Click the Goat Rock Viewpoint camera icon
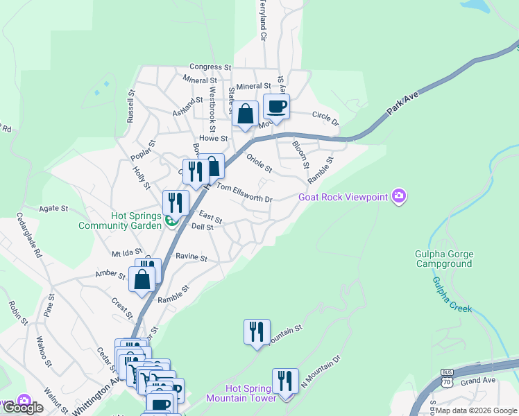click(399, 197)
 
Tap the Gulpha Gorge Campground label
click(444, 259)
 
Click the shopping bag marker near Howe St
click(246, 114)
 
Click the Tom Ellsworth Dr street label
click(245, 193)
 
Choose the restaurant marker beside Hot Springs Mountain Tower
click(284, 381)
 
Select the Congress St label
click(210, 67)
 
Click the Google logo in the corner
click(23, 408)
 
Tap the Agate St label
click(53, 208)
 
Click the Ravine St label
click(192, 257)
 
